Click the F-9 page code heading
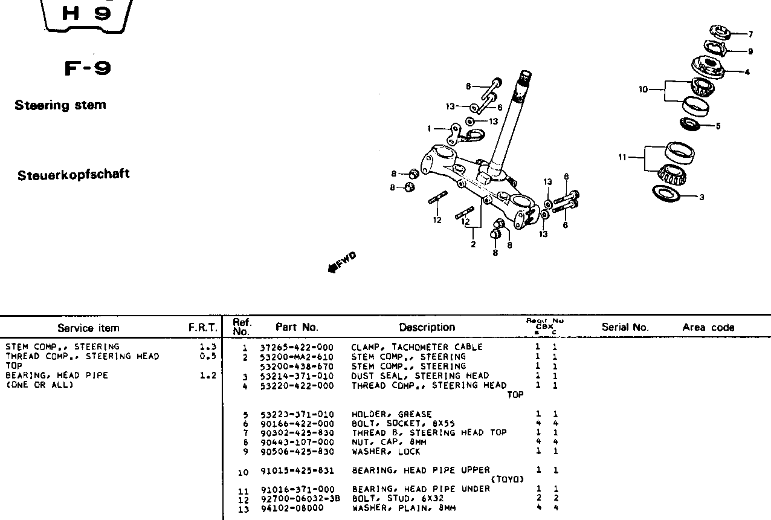88,68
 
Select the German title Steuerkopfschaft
73,175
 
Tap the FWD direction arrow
342,262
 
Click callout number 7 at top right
750,34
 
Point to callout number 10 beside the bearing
643,89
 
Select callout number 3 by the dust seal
702,197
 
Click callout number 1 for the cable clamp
429,128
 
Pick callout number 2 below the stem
473,244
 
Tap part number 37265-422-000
297,347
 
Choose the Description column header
427,327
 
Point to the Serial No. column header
625,327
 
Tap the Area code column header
708,327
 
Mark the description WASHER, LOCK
385,452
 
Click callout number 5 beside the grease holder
718,126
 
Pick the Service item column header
88,328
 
